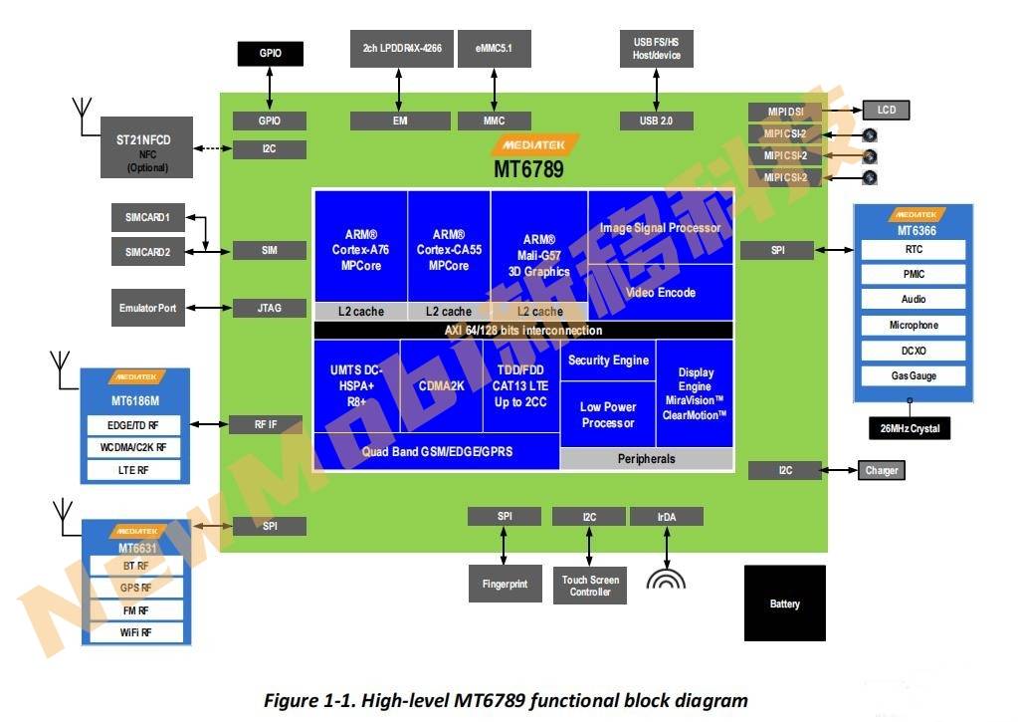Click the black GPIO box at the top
[270, 54]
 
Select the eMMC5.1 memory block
[494, 48]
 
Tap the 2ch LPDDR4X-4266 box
[402, 48]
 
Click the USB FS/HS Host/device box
[657, 48]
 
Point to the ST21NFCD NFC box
[147, 147]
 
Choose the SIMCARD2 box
[147, 252]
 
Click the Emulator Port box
[147, 308]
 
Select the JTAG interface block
[270, 308]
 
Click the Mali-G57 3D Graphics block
[538, 255]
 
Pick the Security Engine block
[608, 361]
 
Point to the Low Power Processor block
[608, 414]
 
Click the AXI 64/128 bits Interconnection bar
[523, 330]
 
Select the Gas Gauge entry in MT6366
[913, 376]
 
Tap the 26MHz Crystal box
[911, 429]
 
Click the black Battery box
[784, 603]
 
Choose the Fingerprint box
[504, 584]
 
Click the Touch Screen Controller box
[590, 586]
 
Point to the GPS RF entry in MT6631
[135, 588]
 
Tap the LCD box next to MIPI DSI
[886, 110]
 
